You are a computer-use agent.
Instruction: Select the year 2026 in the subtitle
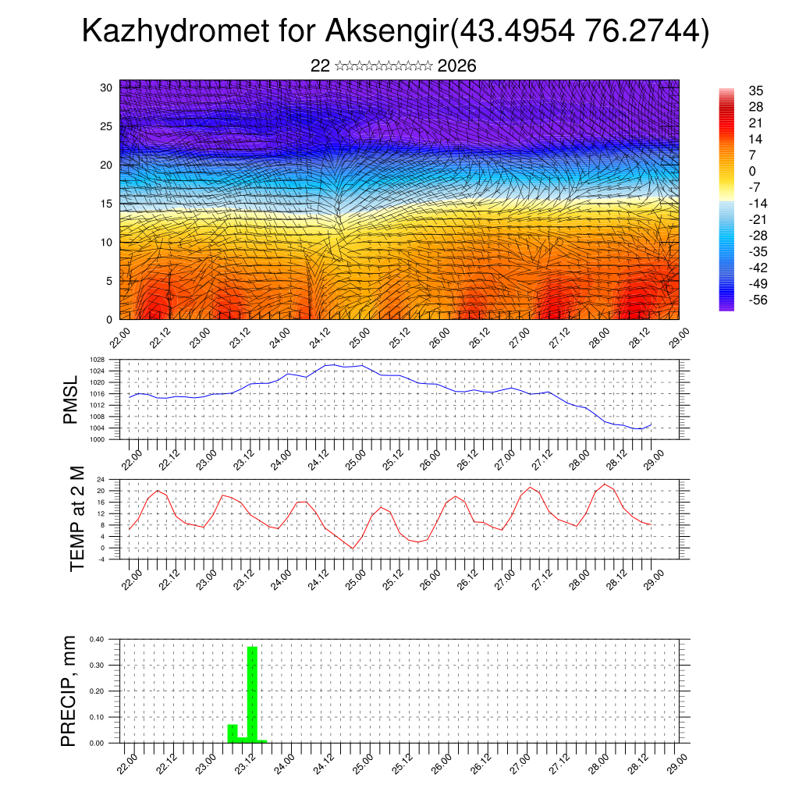click(457, 66)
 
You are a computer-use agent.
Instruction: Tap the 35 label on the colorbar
click(755, 91)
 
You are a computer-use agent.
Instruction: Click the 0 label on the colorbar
click(751, 171)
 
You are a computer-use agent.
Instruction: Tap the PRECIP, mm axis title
click(69, 691)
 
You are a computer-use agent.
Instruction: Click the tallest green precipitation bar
click(252, 693)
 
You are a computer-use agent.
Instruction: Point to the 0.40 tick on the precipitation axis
click(96, 639)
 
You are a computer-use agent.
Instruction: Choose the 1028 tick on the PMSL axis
click(96, 360)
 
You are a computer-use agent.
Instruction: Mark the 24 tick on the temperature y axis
click(101, 479)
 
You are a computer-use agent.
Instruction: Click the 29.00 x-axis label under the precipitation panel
click(676, 761)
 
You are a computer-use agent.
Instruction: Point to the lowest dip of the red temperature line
click(352, 549)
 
